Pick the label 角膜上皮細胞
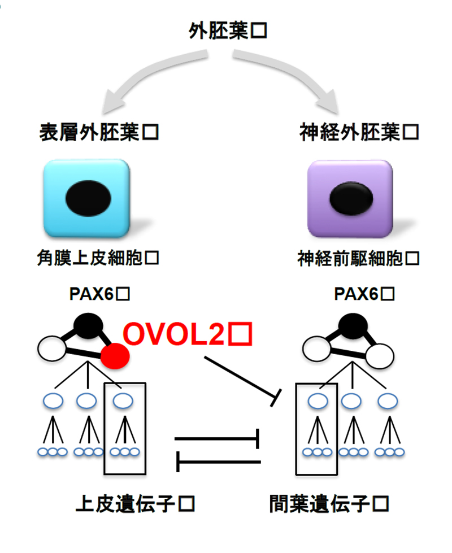pyautogui.click(x=97, y=259)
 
